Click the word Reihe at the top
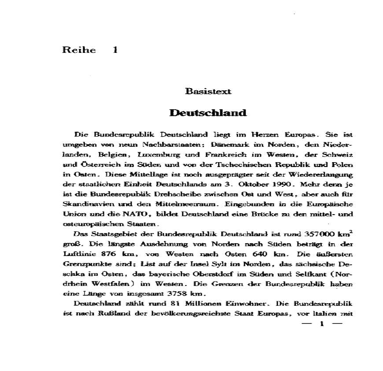coord(79,50)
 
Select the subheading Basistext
coord(208,91)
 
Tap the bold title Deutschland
coord(208,113)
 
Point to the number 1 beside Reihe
coord(115,50)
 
